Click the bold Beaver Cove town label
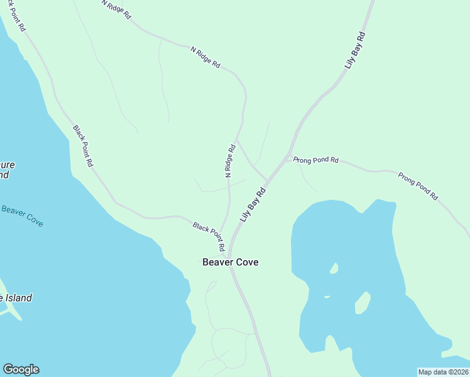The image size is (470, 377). [230, 262]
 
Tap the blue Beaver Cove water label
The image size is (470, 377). [22, 216]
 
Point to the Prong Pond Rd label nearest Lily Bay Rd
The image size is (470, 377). [315, 160]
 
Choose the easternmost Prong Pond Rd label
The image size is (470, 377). [417, 185]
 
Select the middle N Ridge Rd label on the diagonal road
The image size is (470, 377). [205, 56]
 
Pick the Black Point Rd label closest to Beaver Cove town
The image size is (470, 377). [209, 233]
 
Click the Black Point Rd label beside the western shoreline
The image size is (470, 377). [83, 146]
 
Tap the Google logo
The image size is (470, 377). [21, 369]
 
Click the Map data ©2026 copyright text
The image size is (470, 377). [443, 372]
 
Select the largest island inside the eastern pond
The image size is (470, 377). [362, 303]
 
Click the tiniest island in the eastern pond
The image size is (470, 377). [327, 297]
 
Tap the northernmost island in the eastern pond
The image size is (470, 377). [334, 268]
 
